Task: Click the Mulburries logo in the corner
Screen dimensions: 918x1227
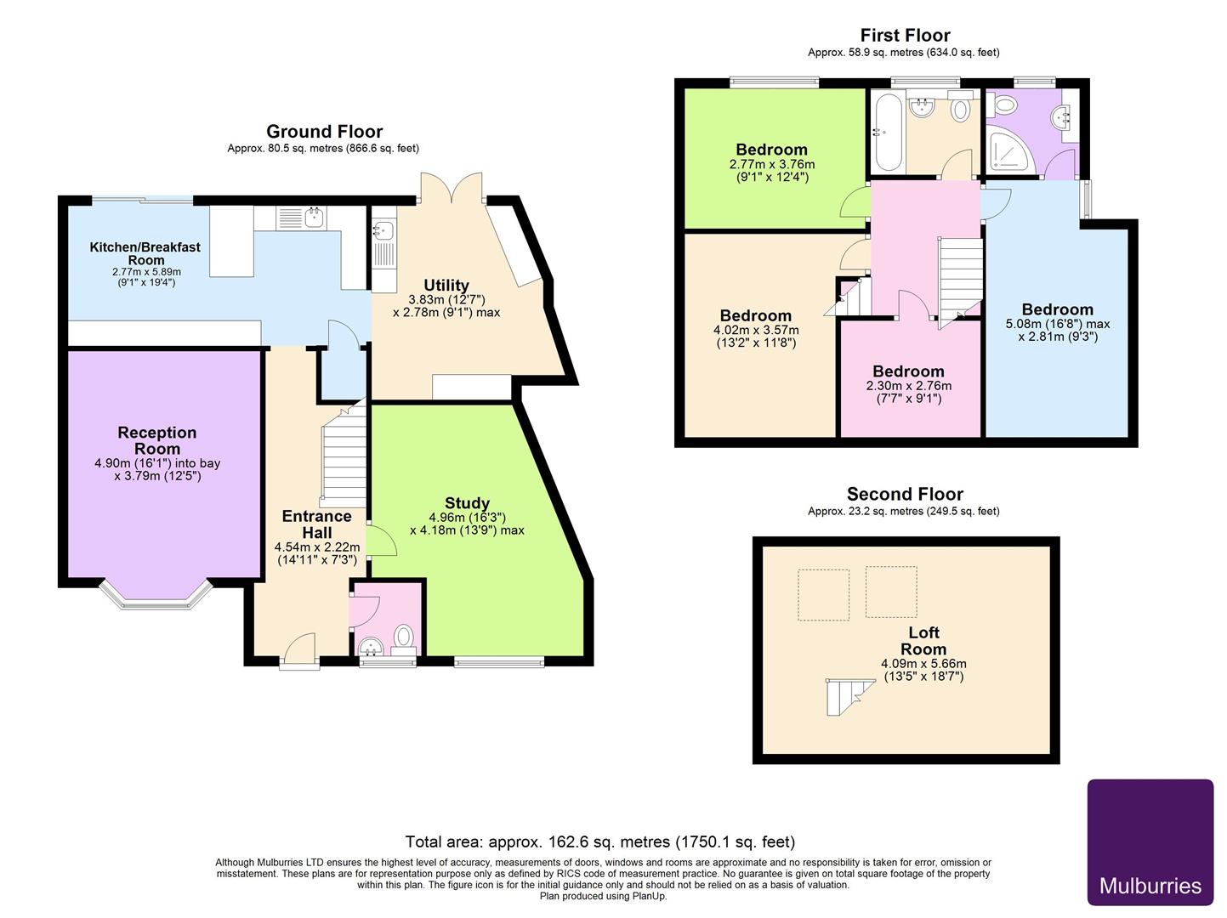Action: [x=1150, y=842]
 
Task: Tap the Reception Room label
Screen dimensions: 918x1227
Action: [x=157, y=440]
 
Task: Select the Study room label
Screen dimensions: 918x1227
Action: [x=467, y=502]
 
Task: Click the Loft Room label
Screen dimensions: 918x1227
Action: [x=923, y=640]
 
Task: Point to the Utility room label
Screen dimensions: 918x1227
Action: [x=446, y=285]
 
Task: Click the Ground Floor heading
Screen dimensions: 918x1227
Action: [x=324, y=131]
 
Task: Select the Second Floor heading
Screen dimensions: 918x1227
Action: [x=905, y=494]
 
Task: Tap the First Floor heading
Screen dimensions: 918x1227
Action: [x=905, y=35]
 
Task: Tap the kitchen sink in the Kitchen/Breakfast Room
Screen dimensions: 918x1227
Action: [x=314, y=218]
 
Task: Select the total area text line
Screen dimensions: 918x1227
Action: [x=600, y=841]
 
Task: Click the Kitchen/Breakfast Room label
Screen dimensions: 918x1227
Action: [x=145, y=253]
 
